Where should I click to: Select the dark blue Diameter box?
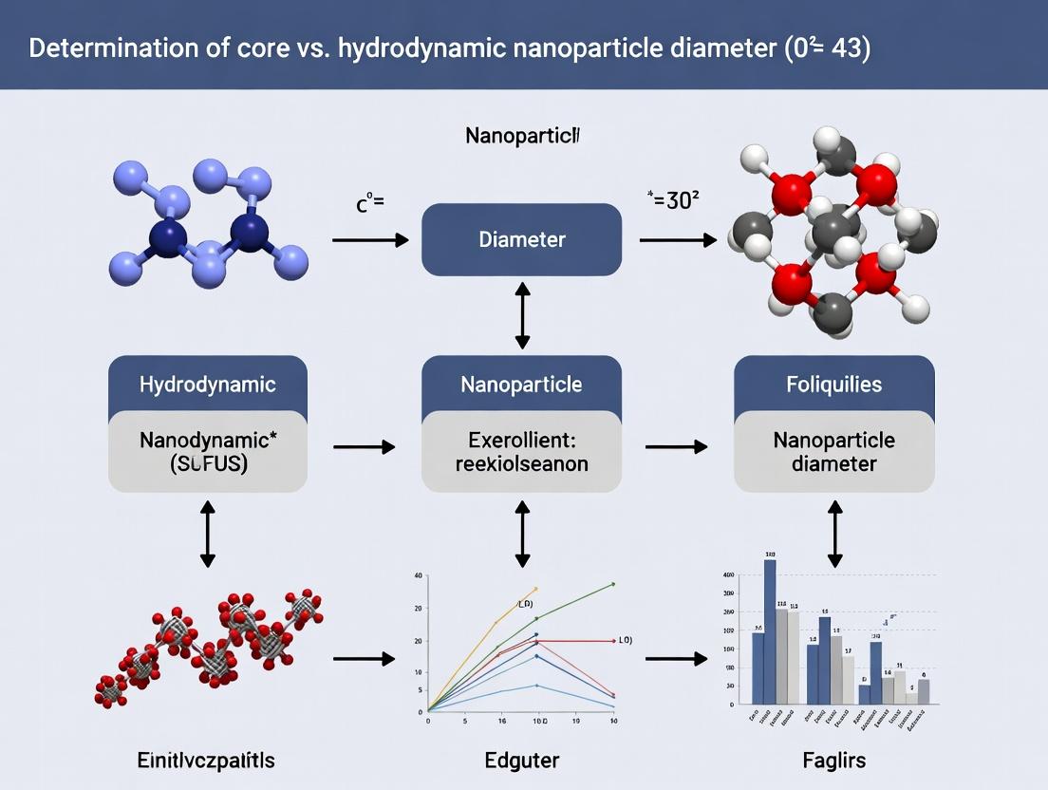coord(521,239)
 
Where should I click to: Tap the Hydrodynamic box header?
coord(208,385)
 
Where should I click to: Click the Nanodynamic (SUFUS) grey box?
coord(208,453)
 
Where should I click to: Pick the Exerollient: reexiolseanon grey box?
coord(521,453)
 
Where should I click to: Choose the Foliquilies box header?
coord(834,385)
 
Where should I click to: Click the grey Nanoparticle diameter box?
coord(834,453)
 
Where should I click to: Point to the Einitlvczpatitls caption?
coord(207,760)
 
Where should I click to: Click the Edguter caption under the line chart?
coord(521,760)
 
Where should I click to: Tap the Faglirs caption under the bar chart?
coord(834,760)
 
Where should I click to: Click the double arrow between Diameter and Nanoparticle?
coord(521,313)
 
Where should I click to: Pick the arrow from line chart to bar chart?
coord(676,657)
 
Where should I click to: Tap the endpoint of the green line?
coord(613,584)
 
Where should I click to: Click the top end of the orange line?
coord(536,589)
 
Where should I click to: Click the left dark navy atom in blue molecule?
coord(169,233)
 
